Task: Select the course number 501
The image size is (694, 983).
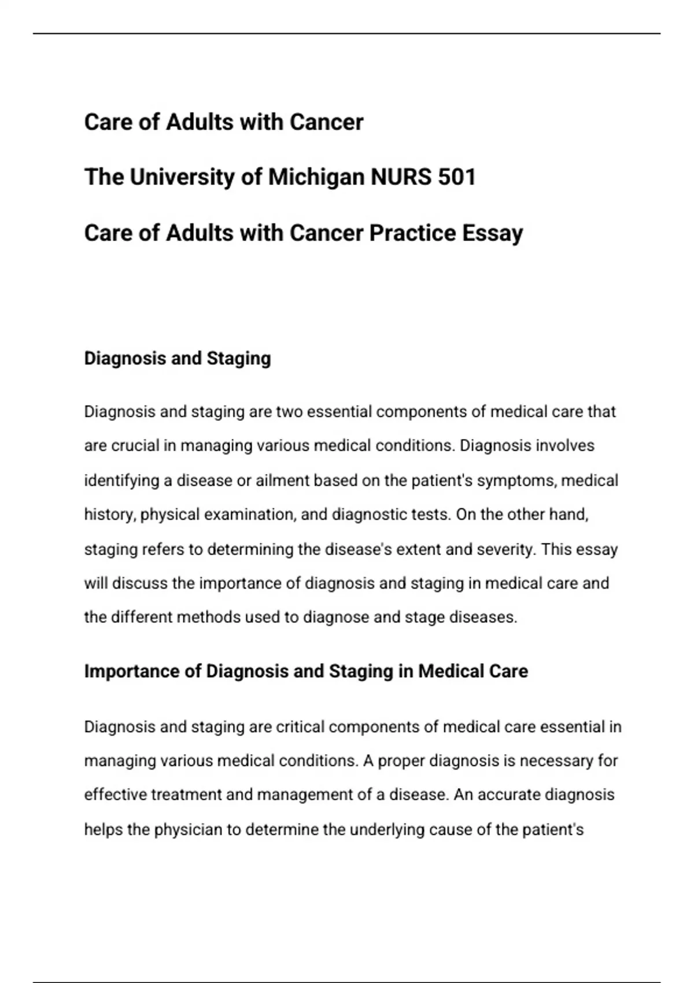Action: (457, 177)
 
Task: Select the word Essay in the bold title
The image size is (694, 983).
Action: (493, 233)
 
